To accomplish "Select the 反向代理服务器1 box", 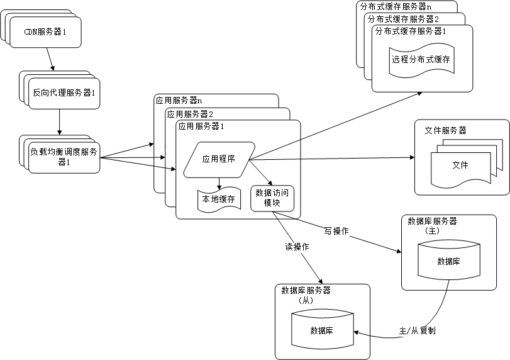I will (64, 93).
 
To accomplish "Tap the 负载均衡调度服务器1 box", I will (64, 157).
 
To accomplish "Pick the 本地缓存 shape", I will (218, 199).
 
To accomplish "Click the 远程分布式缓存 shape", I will (421, 60).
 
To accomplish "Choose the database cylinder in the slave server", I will (321, 330).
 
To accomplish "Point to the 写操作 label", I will (336, 231).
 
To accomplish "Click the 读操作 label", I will (297, 247).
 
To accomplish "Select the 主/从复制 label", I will (417, 330).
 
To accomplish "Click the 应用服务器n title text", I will (179, 101).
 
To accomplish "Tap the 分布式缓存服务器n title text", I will (396, 6).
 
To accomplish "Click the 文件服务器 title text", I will (445, 130).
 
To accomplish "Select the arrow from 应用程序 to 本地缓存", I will (219, 183).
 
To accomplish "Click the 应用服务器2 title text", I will (190, 114).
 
